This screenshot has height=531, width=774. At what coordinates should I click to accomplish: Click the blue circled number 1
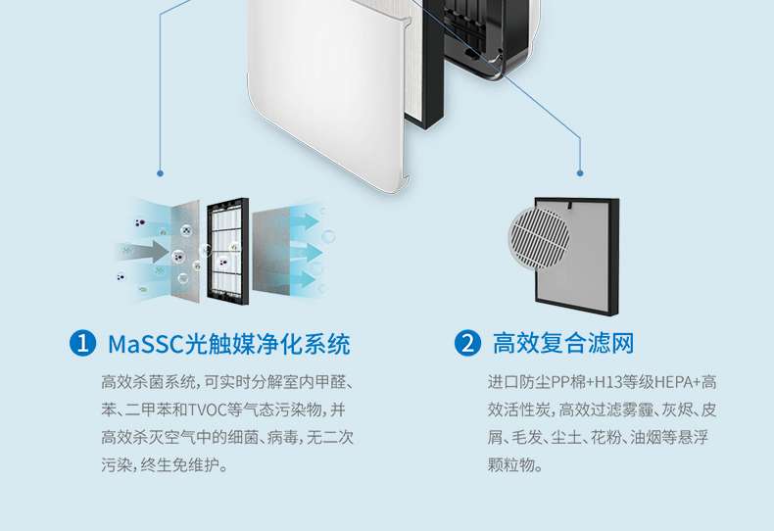84,344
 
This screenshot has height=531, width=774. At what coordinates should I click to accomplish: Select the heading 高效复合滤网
563,344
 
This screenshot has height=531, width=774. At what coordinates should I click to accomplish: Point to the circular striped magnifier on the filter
541,233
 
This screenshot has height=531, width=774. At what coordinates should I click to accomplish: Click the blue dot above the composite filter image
580,172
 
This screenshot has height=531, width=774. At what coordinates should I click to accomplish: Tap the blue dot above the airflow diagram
160,172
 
